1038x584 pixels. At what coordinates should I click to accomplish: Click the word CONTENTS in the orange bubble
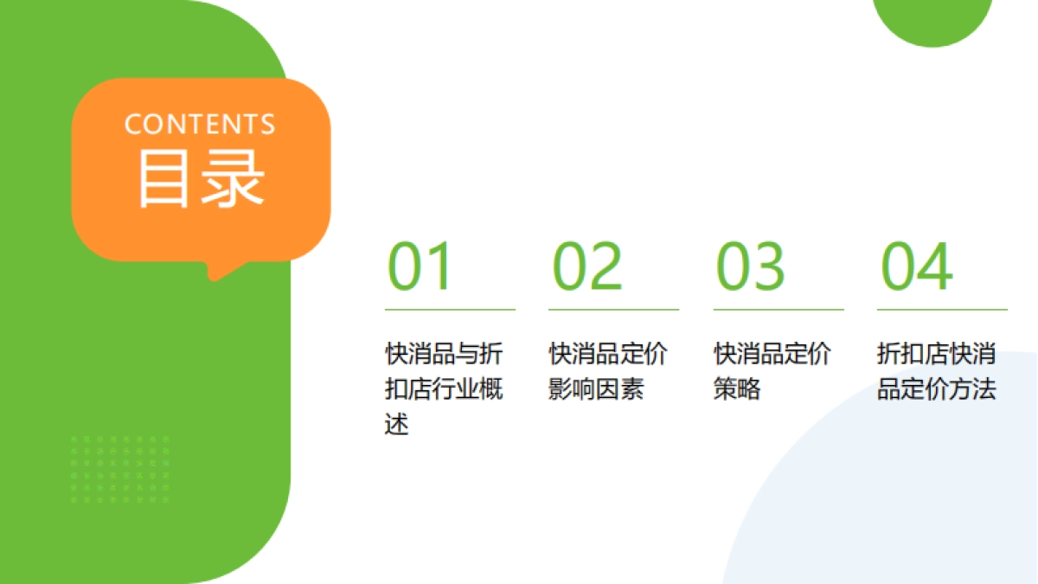pyautogui.click(x=200, y=124)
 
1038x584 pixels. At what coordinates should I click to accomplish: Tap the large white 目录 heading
pyautogui.click(x=201, y=178)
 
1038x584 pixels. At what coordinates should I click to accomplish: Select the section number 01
pyautogui.click(x=420, y=266)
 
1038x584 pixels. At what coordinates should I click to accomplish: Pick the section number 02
pyautogui.click(x=587, y=266)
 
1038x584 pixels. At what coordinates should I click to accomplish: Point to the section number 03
pyautogui.click(x=750, y=266)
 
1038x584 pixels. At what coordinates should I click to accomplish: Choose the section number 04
pyautogui.click(x=917, y=266)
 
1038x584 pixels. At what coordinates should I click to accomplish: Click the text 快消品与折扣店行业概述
pyautogui.click(x=444, y=388)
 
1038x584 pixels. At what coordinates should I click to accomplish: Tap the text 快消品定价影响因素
pyautogui.click(x=608, y=371)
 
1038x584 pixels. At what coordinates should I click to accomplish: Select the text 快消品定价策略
pyautogui.click(x=772, y=371)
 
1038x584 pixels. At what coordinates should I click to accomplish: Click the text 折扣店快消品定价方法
pyautogui.click(x=937, y=371)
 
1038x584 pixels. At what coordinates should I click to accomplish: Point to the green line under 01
pyautogui.click(x=450, y=309)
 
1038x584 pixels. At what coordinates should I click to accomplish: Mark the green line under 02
pyautogui.click(x=613, y=309)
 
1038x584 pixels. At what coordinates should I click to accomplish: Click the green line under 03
pyautogui.click(x=778, y=309)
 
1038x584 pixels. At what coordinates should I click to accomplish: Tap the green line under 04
pyautogui.click(x=942, y=309)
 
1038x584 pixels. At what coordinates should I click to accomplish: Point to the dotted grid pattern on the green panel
pyautogui.click(x=120, y=469)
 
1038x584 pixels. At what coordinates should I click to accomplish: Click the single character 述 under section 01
pyautogui.click(x=396, y=425)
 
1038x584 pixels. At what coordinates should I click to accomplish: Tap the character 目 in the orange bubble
pyautogui.click(x=164, y=178)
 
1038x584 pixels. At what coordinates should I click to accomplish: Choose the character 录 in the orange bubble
pyautogui.click(x=233, y=178)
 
